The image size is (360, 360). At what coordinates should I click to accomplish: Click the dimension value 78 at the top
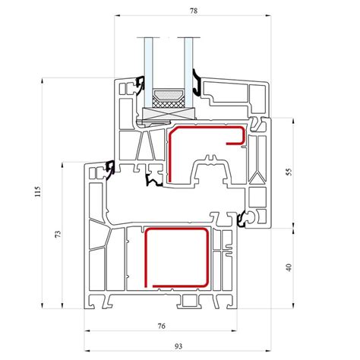pos(194,11)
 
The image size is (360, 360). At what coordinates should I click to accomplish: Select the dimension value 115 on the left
pos(37,191)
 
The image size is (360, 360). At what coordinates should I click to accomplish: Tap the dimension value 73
pos(58,234)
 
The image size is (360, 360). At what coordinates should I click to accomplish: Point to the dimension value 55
pos(289,172)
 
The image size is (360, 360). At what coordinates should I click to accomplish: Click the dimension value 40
pos(289,267)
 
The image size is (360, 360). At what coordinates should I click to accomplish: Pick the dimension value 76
pos(161,326)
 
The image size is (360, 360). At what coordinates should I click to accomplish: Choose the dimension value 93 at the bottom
pos(178,346)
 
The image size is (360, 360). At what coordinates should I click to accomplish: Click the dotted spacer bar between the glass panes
pos(169,96)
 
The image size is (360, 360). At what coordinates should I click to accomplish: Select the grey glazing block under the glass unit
pos(169,114)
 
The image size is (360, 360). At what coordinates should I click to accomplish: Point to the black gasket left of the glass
pos(140,86)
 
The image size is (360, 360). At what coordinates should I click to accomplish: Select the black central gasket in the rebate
pos(153,180)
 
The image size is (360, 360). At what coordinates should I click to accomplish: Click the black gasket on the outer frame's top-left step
pos(110,169)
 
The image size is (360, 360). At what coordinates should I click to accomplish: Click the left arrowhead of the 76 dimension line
pos(87,330)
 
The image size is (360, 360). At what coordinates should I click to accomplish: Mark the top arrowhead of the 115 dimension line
pos(43,81)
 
